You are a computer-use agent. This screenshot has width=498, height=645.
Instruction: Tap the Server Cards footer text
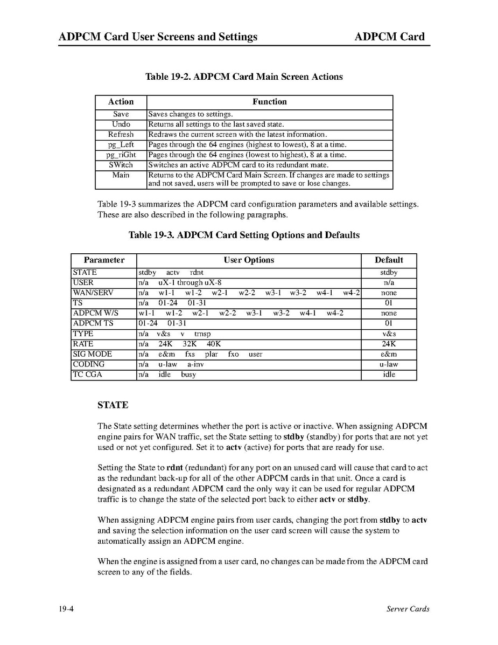[x=408, y=609]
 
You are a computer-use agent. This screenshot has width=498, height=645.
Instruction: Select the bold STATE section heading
[x=113, y=405]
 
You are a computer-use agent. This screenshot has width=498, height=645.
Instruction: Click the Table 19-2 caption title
[x=244, y=77]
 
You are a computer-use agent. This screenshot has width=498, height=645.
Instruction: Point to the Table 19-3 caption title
[x=244, y=235]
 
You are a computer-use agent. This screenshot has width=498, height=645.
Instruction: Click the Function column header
[x=270, y=102]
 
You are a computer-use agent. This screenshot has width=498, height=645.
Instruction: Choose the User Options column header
[x=249, y=260]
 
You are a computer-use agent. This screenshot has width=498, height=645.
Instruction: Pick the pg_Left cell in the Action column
[x=121, y=144]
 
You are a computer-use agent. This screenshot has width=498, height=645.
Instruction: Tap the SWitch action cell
[x=121, y=165]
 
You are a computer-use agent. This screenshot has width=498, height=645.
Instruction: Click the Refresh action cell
[x=121, y=134]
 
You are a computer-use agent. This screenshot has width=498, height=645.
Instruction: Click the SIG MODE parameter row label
[x=93, y=354]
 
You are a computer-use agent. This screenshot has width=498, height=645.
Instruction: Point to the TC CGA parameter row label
[x=87, y=374]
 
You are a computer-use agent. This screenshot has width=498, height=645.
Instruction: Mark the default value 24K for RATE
[x=389, y=344]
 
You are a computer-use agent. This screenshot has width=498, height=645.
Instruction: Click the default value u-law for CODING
[x=389, y=364]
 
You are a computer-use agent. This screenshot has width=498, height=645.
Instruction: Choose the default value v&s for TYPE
[x=389, y=334]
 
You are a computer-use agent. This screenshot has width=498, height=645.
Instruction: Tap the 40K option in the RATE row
[x=214, y=344]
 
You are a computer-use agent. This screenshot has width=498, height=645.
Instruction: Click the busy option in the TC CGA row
[x=188, y=374]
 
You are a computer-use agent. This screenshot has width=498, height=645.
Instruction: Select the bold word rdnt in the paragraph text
[x=176, y=468]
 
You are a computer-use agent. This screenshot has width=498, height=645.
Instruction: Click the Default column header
[x=389, y=260]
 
